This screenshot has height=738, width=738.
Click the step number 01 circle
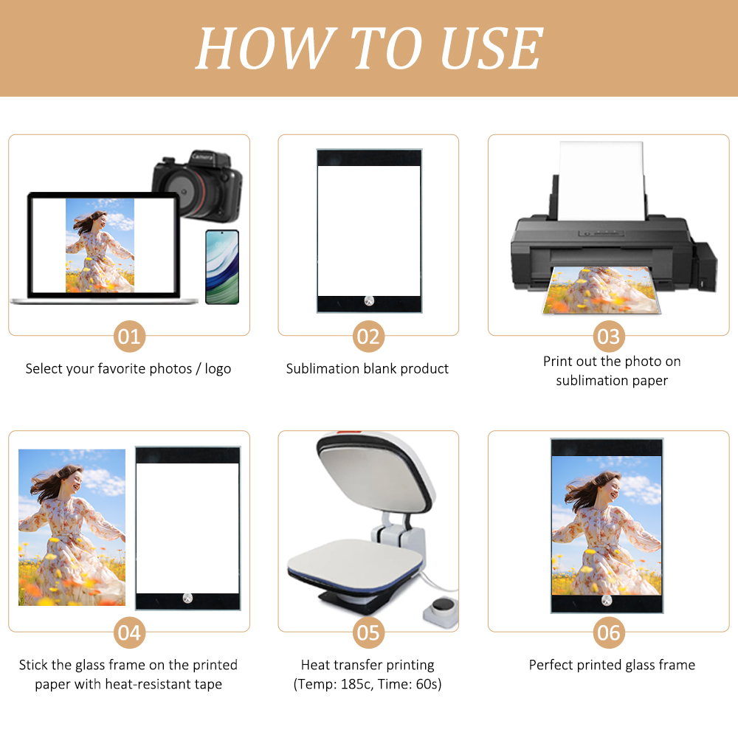[129, 337]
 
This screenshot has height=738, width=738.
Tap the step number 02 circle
[368, 337]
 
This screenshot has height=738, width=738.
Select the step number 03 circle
[609, 337]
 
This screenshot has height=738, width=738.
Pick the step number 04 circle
[129, 633]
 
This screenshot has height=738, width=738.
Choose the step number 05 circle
[368, 633]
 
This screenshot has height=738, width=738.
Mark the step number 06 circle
[609, 633]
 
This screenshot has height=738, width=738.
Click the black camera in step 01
[197, 184]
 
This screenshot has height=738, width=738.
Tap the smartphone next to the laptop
[221, 266]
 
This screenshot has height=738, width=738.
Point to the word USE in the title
[491, 49]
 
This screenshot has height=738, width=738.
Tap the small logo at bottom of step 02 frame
[369, 301]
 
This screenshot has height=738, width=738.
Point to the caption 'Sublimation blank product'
[368, 368]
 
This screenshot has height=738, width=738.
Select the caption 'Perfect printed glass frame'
[612, 665]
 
